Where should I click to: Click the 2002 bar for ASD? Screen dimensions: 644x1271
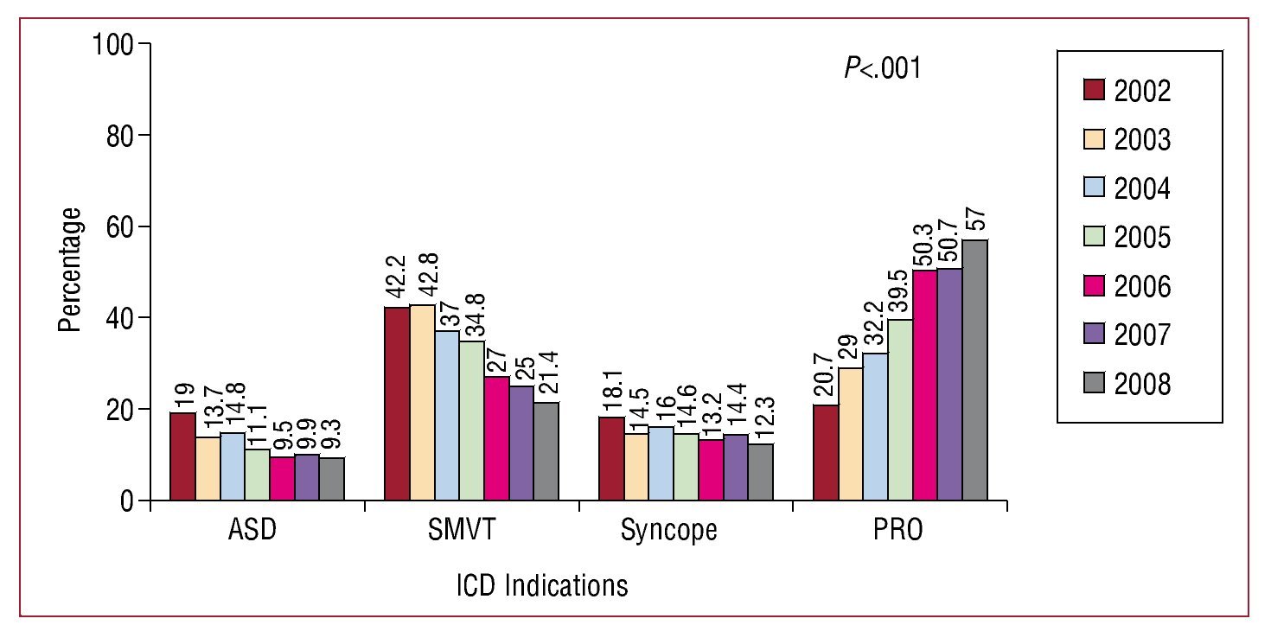tap(182, 456)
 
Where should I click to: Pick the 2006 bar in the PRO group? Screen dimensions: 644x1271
tap(925, 386)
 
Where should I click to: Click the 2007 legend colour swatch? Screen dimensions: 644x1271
tap(1095, 334)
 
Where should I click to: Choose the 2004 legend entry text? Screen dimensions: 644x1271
tap(1141, 188)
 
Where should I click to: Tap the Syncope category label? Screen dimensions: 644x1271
tap(668, 530)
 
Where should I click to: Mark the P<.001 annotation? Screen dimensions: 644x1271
tap(882, 69)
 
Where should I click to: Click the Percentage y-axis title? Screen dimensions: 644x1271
tap(73, 270)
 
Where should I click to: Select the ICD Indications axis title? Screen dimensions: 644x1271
tap(541, 586)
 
